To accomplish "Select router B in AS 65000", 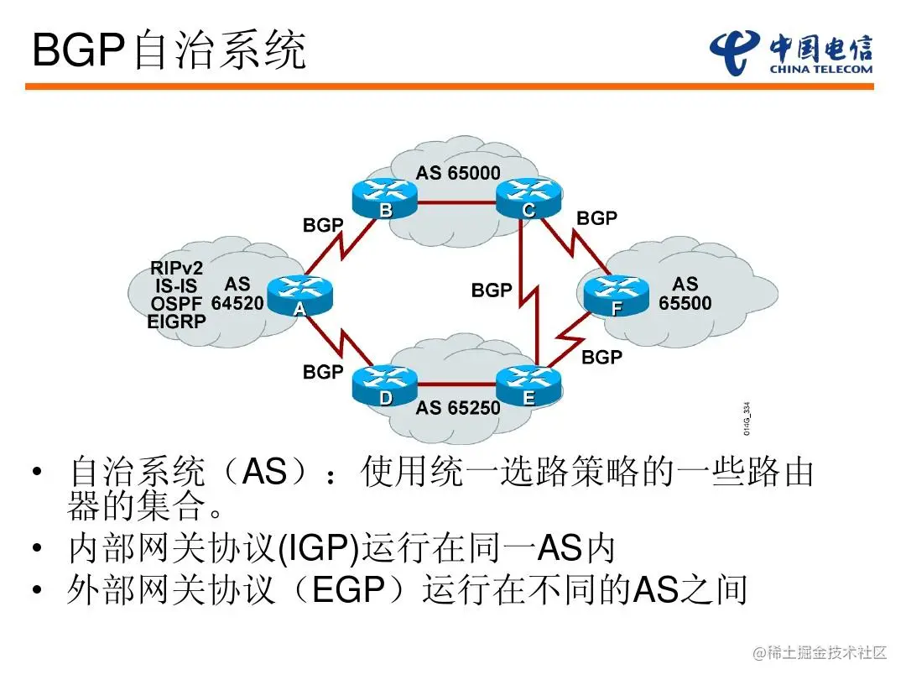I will tap(385, 199).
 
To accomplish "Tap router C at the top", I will tap(528, 199).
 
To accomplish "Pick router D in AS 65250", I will tap(385, 386).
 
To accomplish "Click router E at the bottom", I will tap(528, 386).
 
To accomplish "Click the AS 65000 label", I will tap(458, 174).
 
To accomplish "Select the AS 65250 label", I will tap(458, 408).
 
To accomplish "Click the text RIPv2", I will tap(177, 269).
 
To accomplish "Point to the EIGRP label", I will tap(177, 321).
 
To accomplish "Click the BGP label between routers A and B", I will tap(323, 225).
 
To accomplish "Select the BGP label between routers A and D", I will tap(323, 371).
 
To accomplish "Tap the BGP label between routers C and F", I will tap(596, 218).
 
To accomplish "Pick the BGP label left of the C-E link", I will tap(492, 290).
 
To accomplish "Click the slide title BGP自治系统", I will tap(169, 52).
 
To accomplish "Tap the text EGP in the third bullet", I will tap(347, 590).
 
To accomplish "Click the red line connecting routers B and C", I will tap(456, 201).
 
